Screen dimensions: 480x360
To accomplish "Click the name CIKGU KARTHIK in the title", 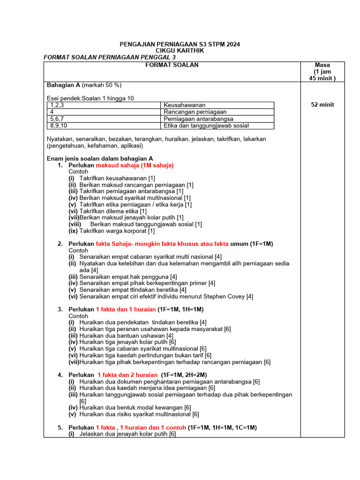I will pos(180,51).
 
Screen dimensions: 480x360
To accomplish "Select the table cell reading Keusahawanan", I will pos(185,105).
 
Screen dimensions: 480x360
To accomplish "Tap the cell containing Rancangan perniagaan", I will pos(195,112).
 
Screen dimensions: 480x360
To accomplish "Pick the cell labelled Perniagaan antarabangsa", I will pos(198,119).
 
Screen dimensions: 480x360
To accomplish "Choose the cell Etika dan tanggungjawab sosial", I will pos(206,126).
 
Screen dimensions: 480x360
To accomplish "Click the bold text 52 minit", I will pos(322,105).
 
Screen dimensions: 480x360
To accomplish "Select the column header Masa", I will pos(322,65).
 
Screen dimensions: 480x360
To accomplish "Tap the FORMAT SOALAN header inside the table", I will pos(172,65).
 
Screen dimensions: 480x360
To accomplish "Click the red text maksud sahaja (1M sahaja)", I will pos(135,165).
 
